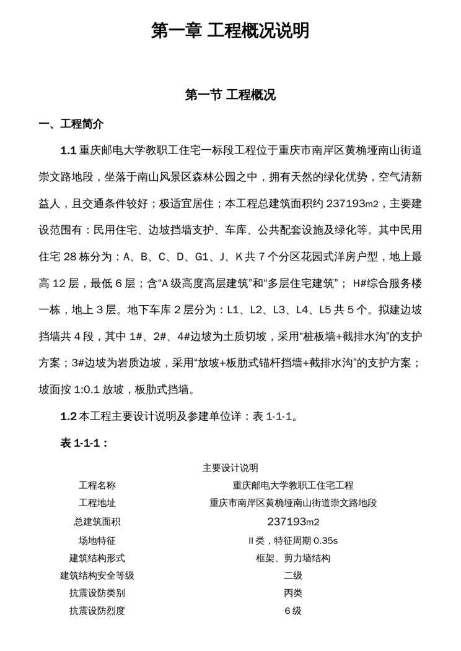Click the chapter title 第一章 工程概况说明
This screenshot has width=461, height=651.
[x=230, y=30]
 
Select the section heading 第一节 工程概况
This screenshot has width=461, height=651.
[x=230, y=95]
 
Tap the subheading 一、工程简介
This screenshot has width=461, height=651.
[x=71, y=124]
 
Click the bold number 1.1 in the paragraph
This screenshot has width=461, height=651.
[x=68, y=150]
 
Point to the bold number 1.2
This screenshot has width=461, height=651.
[x=68, y=416]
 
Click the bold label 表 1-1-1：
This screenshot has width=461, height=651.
[x=85, y=443]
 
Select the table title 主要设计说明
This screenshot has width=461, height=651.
[x=230, y=468]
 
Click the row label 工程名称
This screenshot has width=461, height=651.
[x=97, y=485]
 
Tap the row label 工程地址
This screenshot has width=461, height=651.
[x=97, y=503]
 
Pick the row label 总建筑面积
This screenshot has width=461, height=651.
[x=97, y=522]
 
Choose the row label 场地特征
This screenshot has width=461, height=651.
[x=97, y=540]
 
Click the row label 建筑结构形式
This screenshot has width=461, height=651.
[x=97, y=558]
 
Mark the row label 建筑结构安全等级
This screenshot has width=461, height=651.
[x=97, y=576]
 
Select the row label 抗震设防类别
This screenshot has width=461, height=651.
[x=97, y=593]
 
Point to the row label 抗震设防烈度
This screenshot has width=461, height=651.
[x=97, y=611]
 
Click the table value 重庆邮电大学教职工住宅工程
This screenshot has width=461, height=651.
[x=293, y=485]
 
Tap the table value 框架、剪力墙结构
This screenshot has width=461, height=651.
[x=293, y=558]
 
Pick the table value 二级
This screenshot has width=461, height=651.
[x=293, y=576]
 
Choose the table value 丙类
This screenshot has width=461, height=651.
[x=293, y=593]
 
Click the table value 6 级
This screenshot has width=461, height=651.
[x=293, y=611]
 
